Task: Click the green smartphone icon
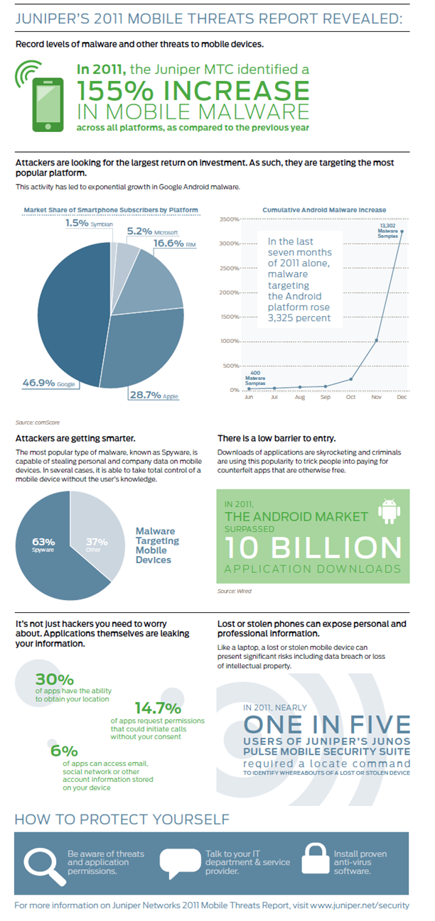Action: tap(48, 104)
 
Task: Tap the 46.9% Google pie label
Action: tap(48, 383)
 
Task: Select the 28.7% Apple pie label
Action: tap(154, 395)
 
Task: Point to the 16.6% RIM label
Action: tap(174, 244)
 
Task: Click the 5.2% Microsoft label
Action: tap(152, 231)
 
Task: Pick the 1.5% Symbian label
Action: tap(89, 223)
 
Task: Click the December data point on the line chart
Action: tap(402, 231)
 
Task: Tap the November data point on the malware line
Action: tap(377, 340)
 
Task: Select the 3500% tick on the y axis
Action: tap(229, 219)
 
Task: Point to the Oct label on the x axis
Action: tap(350, 397)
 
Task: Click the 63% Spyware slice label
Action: tap(43, 545)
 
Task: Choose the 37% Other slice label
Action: tap(96, 545)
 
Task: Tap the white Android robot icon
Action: tap(389, 511)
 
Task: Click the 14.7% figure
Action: tap(158, 708)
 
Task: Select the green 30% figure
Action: tap(54, 679)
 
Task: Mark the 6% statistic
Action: tap(64, 751)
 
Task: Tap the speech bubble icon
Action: tap(180, 863)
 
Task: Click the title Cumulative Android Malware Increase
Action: tap(324, 210)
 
